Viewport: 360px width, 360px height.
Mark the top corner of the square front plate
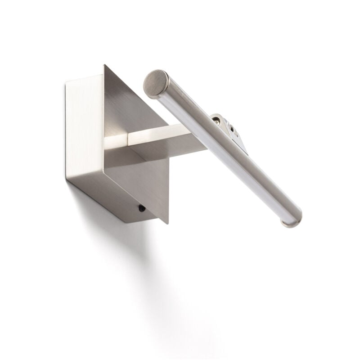[x=104, y=66]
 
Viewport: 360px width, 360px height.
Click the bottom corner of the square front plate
[x=167, y=222]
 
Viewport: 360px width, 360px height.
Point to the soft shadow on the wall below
[x=135, y=270]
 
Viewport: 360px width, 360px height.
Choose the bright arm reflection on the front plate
[x=116, y=142]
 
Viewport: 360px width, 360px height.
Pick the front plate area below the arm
[x=144, y=180]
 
